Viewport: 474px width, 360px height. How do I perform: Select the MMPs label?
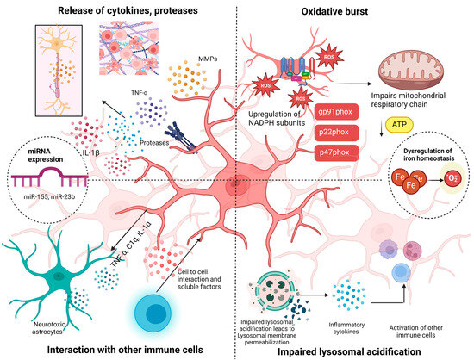(x=197, y=63)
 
